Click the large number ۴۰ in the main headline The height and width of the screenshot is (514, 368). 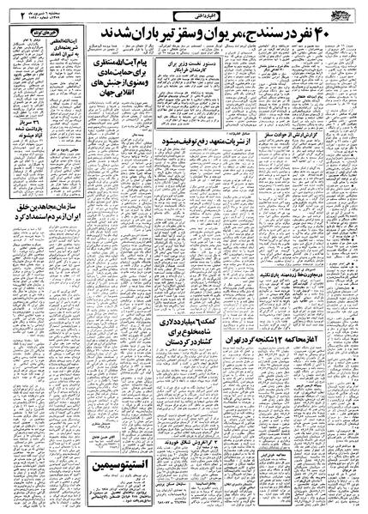coord(342,33)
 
